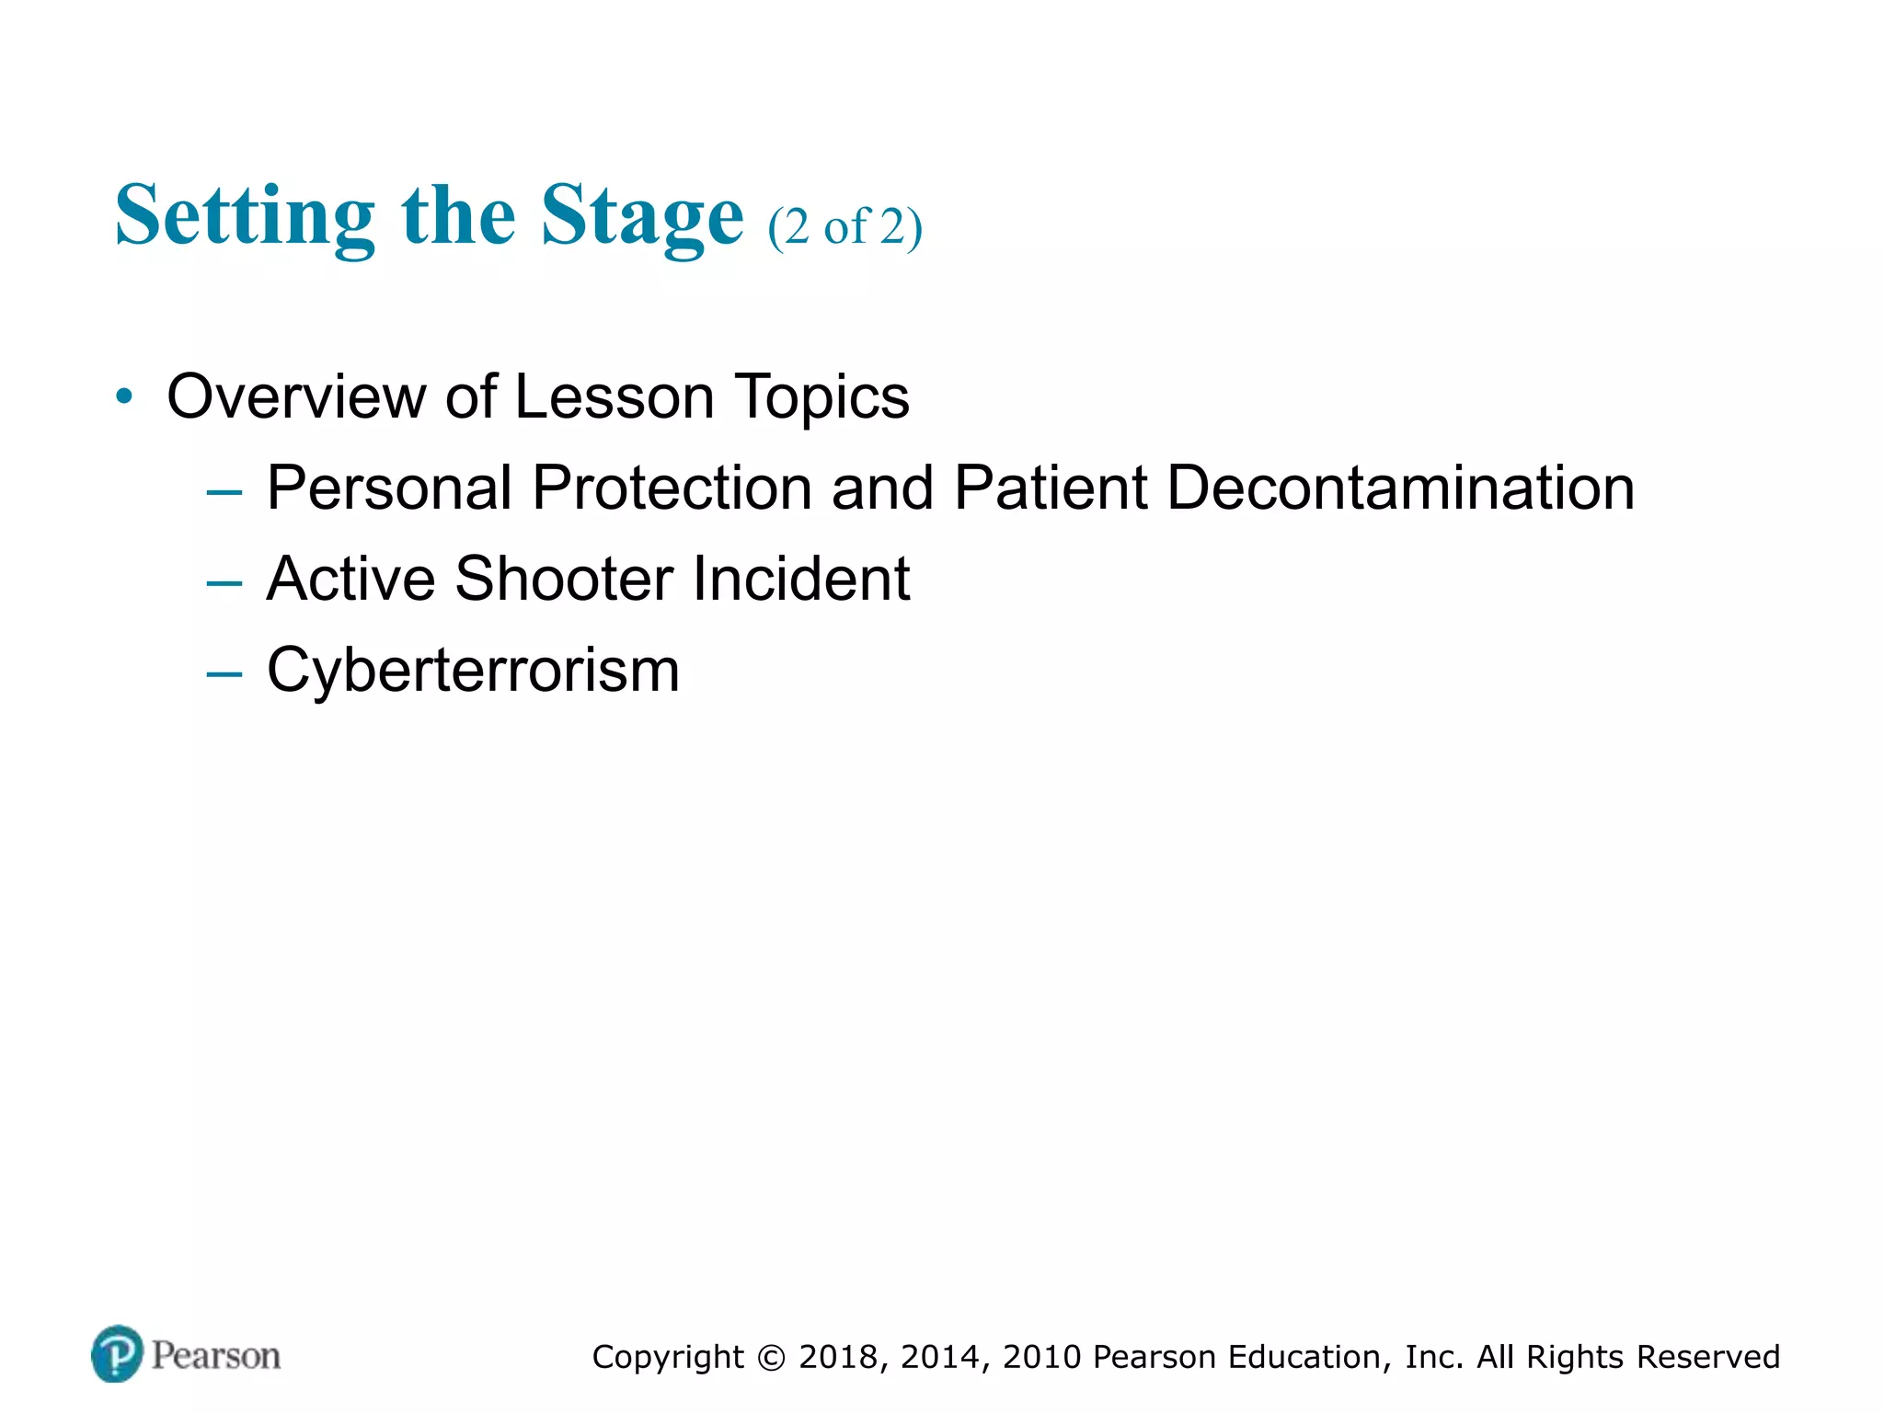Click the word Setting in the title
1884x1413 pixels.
(245, 217)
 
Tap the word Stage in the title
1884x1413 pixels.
(641, 217)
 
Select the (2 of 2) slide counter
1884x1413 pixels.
(844, 226)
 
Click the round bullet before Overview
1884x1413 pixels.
(124, 397)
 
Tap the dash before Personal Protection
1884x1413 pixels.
(224, 492)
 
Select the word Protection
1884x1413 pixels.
(672, 488)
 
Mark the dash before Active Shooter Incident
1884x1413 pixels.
(224, 583)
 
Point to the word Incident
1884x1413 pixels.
(800, 579)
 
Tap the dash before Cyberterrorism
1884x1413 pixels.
(224, 674)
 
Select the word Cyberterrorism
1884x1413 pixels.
(473, 672)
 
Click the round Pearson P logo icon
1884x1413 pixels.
(117, 1354)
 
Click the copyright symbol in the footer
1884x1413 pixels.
(772, 1358)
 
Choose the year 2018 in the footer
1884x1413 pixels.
(838, 1358)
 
